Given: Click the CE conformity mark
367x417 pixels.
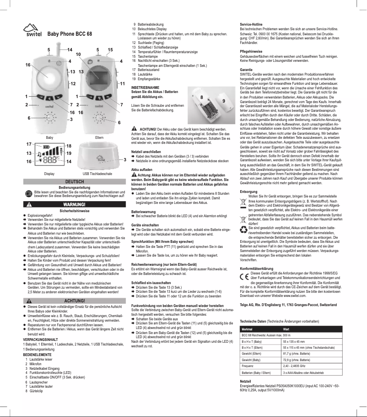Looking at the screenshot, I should point(245,276).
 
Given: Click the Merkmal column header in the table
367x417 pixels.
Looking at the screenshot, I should point(247,329).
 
